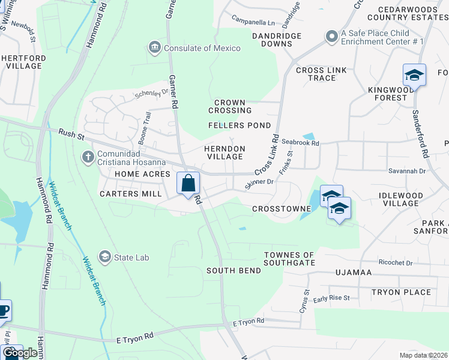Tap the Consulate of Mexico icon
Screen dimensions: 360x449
coord(155,47)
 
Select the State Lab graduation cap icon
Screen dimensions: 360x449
coord(105,257)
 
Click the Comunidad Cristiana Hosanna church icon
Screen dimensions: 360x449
coord(88,157)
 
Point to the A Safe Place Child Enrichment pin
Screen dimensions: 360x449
coord(331,37)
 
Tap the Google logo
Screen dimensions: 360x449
coord(19,353)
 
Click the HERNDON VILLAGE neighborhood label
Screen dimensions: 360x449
coord(224,152)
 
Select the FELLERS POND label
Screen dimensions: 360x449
coord(240,125)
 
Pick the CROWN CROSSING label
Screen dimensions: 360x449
coord(230,106)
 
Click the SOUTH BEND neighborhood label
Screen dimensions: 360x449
coord(234,271)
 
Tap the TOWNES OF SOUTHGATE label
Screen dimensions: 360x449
coord(289,259)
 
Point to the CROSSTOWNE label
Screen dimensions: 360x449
coord(282,209)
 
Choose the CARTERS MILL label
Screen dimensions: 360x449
coord(130,194)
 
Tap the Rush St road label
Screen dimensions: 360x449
coord(71,133)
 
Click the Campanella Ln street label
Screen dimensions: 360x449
coord(252,23)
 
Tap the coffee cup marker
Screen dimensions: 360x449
coord(3,310)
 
